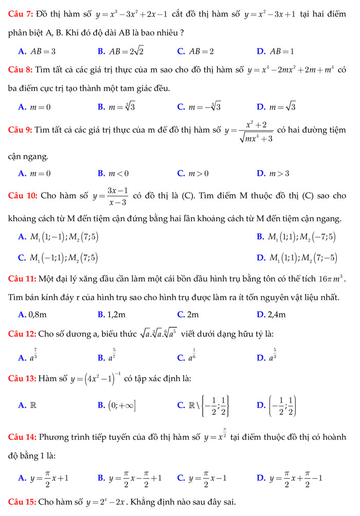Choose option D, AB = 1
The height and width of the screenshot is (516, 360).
pyautogui.click(x=281, y=51)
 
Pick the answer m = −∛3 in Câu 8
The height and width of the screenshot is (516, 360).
pyautogui.click(x=204, y=107)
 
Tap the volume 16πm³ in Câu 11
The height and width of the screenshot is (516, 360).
pyautogui.click(x=334, y=279)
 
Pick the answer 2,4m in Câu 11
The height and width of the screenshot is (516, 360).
pyautogui.click(x=276, y=314)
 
